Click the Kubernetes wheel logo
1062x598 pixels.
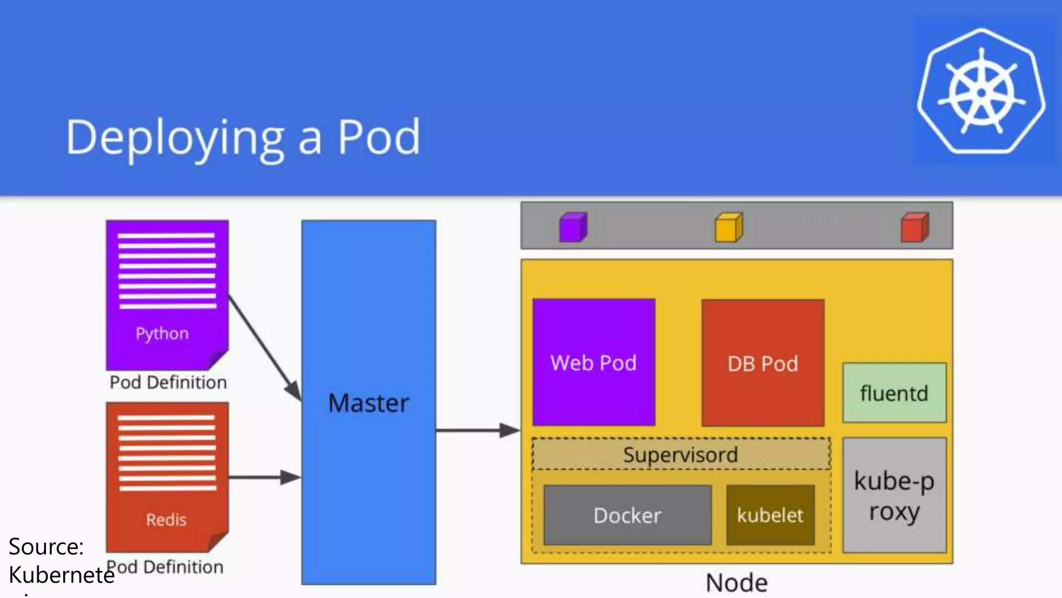981,92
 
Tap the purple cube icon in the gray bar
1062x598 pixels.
572,227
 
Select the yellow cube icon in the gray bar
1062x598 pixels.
729,227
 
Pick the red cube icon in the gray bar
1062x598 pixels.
914,227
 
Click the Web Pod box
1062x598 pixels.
594,362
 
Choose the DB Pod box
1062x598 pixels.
763,363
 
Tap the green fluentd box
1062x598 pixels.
894,393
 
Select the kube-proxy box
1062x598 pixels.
894,496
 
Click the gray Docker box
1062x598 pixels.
627,515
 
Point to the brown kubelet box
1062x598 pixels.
770,515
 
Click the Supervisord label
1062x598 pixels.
680,455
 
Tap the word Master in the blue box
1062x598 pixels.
369,403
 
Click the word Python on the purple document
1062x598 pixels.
162,333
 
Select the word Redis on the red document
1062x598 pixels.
166,520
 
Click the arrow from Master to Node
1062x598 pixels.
477,430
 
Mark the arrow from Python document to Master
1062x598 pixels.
264,348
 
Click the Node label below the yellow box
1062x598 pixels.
736,582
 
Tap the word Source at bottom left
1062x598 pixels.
46,547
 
